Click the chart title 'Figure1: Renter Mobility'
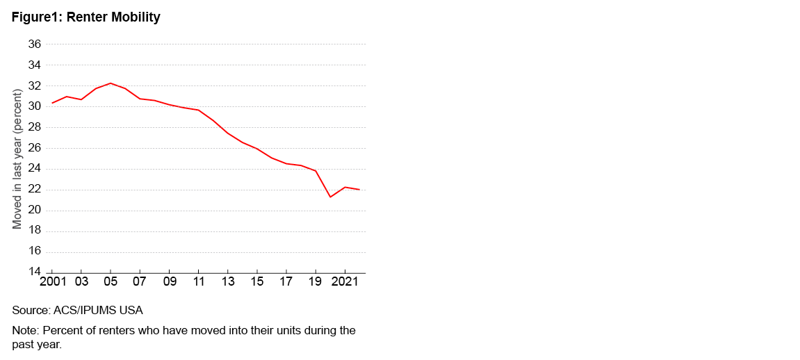(85, 17)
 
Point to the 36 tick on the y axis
(34, 44)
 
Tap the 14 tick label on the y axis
(34, 272)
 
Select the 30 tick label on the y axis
(34, 107)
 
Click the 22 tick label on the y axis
(34, 190)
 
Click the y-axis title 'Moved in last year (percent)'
(18, 158)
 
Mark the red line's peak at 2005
(111, 83)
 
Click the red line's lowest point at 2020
(330, 197)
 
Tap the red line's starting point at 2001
(53, 103)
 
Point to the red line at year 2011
(199, 110)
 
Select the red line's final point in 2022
(359, 190)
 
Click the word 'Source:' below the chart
(31, 310)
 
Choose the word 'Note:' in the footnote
(26, 330)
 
